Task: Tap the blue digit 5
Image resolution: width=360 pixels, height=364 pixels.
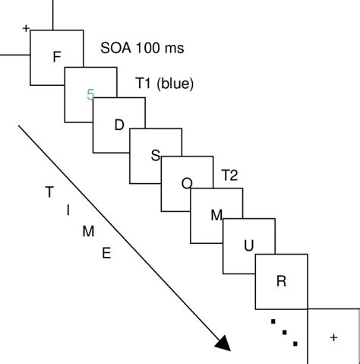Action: coord(91,94)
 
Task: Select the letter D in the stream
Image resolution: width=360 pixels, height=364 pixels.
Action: coord(118,125)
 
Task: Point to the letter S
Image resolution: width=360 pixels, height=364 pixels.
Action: coord(155,156)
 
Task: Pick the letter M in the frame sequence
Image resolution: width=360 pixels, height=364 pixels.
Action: coord(216,215)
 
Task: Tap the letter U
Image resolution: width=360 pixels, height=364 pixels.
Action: coord(248,245)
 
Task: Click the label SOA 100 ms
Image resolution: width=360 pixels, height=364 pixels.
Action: coord(143,49)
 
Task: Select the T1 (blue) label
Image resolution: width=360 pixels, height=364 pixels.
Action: coord(163,84)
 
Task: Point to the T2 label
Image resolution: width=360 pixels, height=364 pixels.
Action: coord(229,176)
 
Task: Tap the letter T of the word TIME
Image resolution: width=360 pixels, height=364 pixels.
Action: coord(49,191)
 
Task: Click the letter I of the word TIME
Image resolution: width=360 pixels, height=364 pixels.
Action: coord(69,210)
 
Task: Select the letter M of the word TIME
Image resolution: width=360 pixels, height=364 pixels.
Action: coord(88,232)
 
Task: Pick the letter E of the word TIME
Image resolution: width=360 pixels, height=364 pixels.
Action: coord(106,253)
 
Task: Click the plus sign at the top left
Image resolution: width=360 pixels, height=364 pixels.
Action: coord(27,29)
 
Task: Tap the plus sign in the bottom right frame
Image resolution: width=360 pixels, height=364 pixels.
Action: coord(333,337)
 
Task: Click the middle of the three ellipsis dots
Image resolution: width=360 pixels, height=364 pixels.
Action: coord(283,332)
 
